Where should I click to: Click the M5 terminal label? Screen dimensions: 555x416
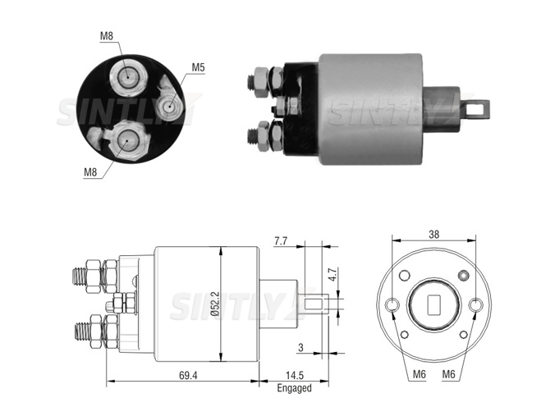(198, 67)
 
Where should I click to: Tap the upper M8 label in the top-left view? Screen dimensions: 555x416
(107, 36)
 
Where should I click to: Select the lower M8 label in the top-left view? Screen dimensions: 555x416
(90, 172)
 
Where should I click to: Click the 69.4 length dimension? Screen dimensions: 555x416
(188, 375)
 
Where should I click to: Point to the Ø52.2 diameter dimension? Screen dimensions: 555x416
(215, 304)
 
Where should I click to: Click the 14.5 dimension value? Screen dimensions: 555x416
(295, 375)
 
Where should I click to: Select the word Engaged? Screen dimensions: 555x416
(294, 388)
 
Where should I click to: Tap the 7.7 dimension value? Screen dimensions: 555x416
(280, 241)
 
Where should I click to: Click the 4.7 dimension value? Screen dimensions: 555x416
(333, 274)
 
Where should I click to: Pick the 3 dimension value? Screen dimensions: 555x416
(300, 348)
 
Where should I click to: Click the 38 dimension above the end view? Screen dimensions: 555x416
(434, 234)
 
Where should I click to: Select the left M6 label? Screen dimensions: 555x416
(420, 374)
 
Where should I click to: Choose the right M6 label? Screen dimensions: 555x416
(448, 374)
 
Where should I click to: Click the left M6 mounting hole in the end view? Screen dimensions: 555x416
(392, 304)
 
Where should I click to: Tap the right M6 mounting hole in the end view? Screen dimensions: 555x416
(475, 304)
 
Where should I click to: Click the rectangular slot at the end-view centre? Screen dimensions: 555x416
(434, 305)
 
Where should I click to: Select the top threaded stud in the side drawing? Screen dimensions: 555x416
(80, 277)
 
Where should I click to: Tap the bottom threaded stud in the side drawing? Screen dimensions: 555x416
(83, 331)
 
